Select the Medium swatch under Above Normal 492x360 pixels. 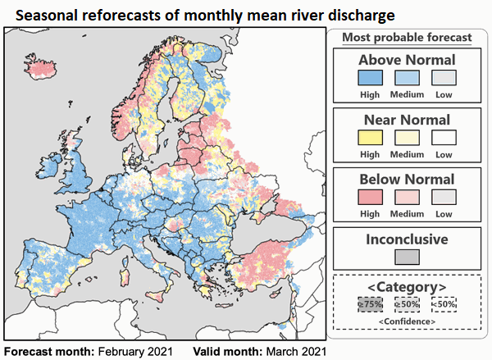(x=407, y=78)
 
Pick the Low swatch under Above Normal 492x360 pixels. (x=444, y=78)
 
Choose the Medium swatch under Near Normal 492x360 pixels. (x=407, y=138)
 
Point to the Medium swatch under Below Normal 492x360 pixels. (x=407, y=198)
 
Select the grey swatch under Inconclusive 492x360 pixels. (x=407, y=256)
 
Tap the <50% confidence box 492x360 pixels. (x=444, y=304)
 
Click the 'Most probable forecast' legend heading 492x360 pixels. (x=407, y=37)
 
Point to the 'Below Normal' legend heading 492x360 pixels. (x=407, y=180)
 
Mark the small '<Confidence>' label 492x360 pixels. (x=407, y=321)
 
